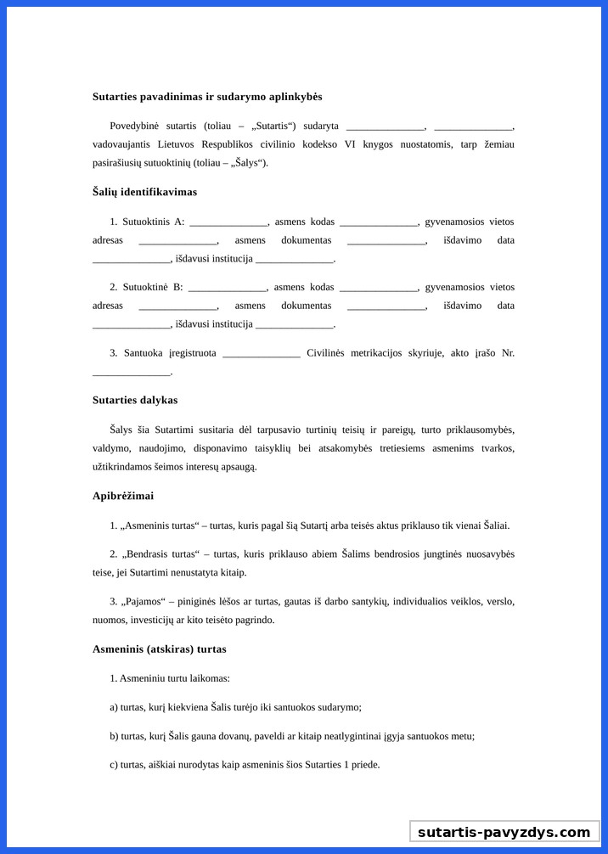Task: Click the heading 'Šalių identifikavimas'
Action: coord(144,192)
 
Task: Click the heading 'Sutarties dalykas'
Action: coord(135,400)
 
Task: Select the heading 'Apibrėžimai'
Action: coord(123,496)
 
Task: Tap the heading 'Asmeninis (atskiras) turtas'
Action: coord(160,649)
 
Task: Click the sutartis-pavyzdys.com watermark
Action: coord(504,832)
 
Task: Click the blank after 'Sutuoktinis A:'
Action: coord(228,223)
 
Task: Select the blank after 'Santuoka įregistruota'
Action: coord(261,354)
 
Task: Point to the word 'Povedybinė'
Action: coord(134,126)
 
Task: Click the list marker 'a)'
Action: coord(114,707)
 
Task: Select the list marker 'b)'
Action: coord(114,736)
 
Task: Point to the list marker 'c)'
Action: coord(114,765)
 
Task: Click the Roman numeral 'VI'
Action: coord(350,144)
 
